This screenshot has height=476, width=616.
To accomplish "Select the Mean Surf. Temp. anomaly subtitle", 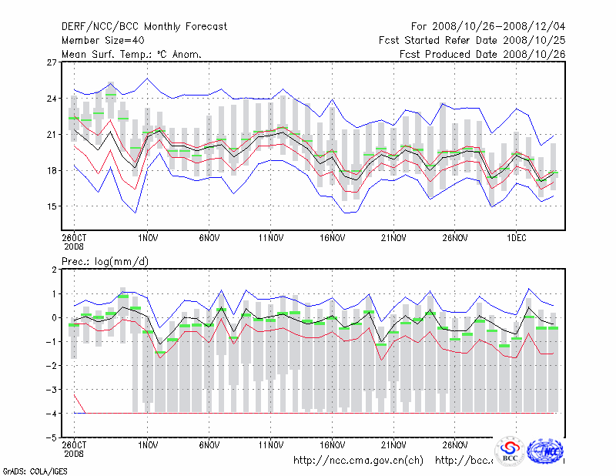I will [132, 55].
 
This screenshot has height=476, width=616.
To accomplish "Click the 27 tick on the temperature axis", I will [52, 62].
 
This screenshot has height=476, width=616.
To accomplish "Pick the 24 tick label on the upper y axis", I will [52, 99].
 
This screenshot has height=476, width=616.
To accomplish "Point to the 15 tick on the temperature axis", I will [52, 206].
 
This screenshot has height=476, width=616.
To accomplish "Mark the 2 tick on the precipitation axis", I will [54, 270].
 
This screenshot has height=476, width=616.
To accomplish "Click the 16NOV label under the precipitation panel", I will [332, 445].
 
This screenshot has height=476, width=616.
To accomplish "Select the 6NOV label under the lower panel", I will [209, 445].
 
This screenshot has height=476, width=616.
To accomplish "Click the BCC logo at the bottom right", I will [510, 451].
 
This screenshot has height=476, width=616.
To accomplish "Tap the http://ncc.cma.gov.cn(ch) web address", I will [358, 461].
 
